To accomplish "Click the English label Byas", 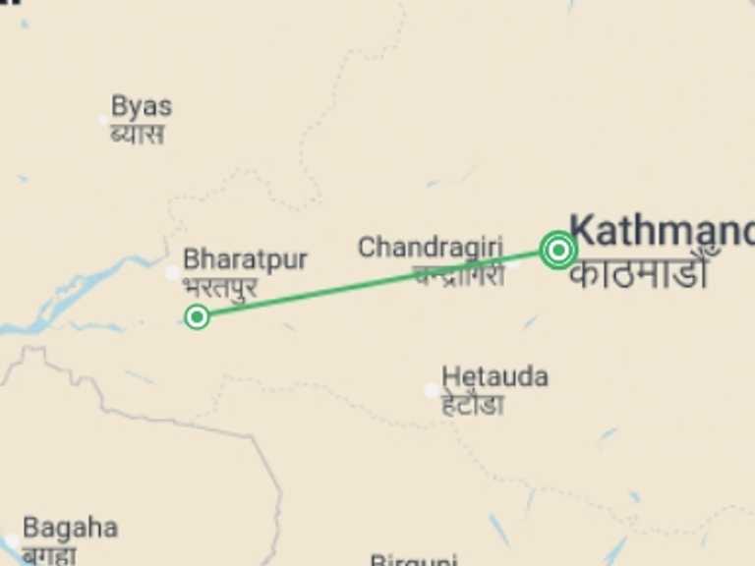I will coord(141,106).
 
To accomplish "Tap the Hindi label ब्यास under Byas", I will coord(137,133).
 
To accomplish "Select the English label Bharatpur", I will coord(245,259).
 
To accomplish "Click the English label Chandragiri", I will coord(430,247).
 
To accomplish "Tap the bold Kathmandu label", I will coord(662,231).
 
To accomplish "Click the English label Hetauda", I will coord(494,376).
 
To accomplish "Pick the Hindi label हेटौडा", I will coord(472,404).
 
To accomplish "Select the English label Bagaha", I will coord(70,528).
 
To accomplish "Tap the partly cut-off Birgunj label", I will coord(414,560).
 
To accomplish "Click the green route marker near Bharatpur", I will coord(197,316).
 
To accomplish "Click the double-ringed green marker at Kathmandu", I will coord(557,250).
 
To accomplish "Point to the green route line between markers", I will coord(374,284).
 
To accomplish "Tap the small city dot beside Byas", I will coord(103,120).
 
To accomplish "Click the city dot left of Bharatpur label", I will coord(173,272).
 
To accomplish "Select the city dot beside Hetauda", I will coord(432,390).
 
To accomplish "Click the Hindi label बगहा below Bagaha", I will coord(49,555).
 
